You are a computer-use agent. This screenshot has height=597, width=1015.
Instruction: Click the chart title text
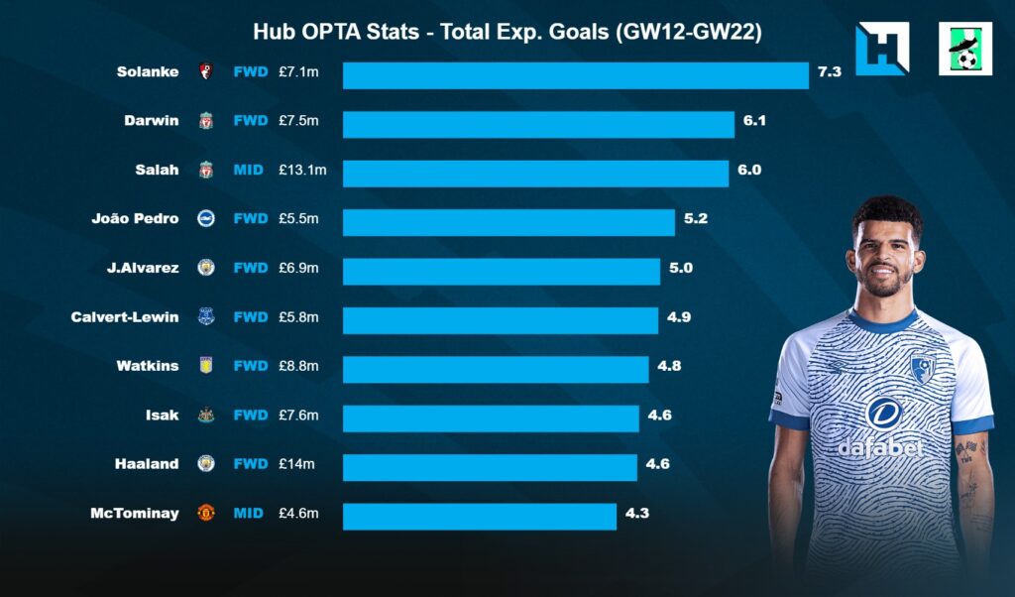[x=507, y=32]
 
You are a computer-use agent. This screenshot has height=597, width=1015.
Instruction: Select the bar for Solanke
[x=575, y=75]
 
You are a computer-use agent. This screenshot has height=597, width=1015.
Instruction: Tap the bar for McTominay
[x=480, y=516]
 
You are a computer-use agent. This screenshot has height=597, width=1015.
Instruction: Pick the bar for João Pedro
[x=508, y=222]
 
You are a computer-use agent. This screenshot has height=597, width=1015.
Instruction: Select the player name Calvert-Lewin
[x=125, y=317]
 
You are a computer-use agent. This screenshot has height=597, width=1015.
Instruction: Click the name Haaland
[x=149, y=463]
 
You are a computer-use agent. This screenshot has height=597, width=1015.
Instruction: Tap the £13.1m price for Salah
[x=302, y=170]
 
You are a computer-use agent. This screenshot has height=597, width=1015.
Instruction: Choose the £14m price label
[x=296, y=463]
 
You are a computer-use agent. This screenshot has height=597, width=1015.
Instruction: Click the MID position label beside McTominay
[x=249, y=513]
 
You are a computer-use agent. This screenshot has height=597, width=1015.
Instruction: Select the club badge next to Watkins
[x=205, y=366]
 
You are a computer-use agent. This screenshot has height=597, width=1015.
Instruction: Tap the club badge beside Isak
[x=205, y=416]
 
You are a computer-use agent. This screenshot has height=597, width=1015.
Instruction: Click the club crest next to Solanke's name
[x=205, y=72]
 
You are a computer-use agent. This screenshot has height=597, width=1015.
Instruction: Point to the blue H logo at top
[x=881, y=49]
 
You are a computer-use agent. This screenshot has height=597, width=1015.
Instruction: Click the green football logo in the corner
[x=964, y=49]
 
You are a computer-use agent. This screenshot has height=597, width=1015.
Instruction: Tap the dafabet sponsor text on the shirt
[x=880, y=448]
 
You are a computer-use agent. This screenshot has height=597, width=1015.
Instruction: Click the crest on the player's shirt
[x=924, y=369]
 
